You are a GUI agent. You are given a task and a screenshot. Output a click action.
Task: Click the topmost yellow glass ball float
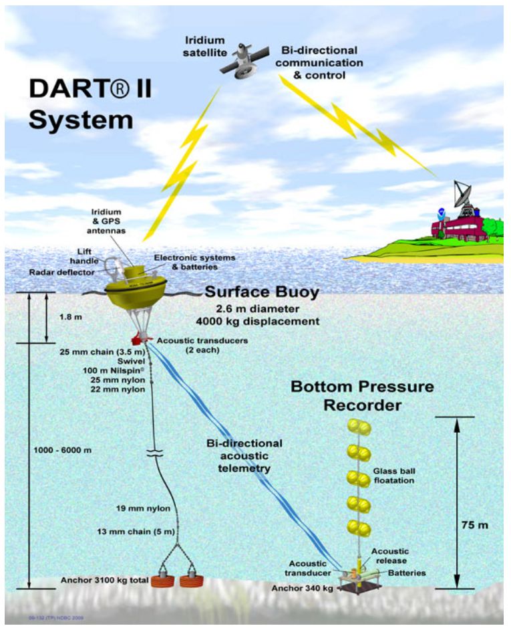[x=358, y=426]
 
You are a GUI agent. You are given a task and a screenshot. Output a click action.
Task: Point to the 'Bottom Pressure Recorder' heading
[x=361, y=396]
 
